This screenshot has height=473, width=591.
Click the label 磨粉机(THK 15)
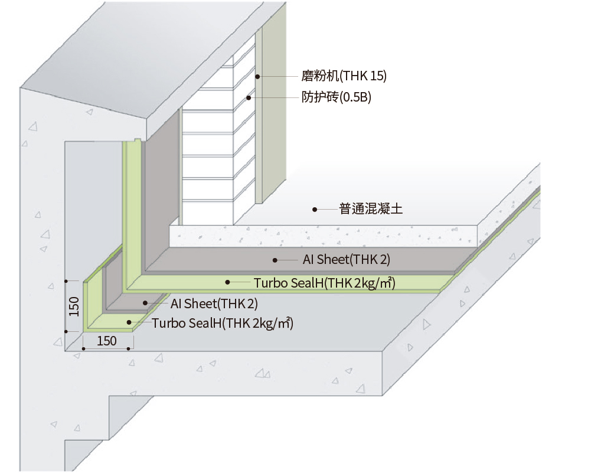344,76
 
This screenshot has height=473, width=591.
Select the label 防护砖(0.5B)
336,97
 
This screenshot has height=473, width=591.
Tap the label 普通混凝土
371,209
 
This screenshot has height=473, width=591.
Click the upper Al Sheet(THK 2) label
347,259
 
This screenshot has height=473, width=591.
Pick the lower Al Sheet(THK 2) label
214,304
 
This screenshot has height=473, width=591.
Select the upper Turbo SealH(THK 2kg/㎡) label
325,283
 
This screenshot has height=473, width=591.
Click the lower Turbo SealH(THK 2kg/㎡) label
223,324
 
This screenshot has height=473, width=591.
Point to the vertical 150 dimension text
74,306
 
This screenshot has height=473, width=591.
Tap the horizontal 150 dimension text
107,341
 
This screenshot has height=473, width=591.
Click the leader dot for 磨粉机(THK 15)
257,77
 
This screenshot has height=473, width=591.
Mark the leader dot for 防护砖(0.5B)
249,97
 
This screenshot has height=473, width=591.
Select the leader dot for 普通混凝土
315,209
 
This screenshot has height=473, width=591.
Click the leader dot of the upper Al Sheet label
275,260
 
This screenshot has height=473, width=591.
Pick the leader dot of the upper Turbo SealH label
228,282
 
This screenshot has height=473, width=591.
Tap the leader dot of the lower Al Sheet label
145,303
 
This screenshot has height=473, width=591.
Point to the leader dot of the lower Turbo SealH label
129,322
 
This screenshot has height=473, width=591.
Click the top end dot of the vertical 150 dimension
66,281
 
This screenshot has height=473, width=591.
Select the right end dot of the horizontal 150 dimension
129,348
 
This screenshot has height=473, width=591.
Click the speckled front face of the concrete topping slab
324,236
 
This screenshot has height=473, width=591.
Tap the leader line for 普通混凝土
327,209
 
